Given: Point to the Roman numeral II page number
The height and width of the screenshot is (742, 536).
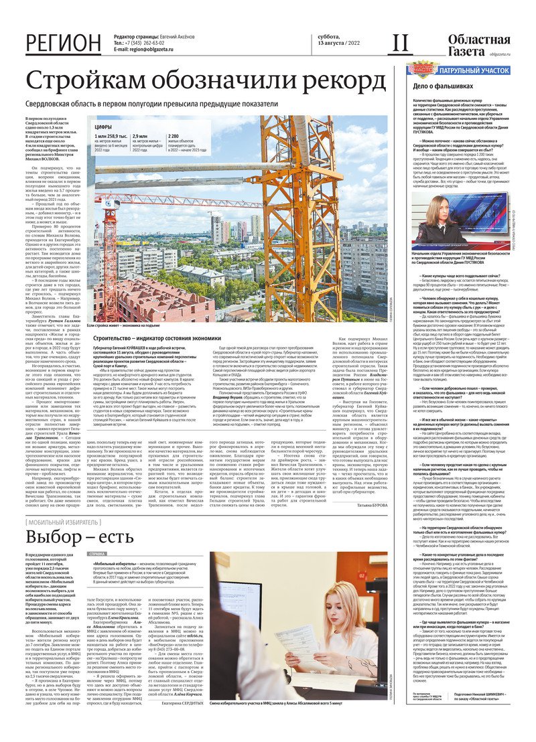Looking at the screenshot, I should [400, 44].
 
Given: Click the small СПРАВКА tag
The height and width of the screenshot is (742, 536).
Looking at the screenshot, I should [98, 555].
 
